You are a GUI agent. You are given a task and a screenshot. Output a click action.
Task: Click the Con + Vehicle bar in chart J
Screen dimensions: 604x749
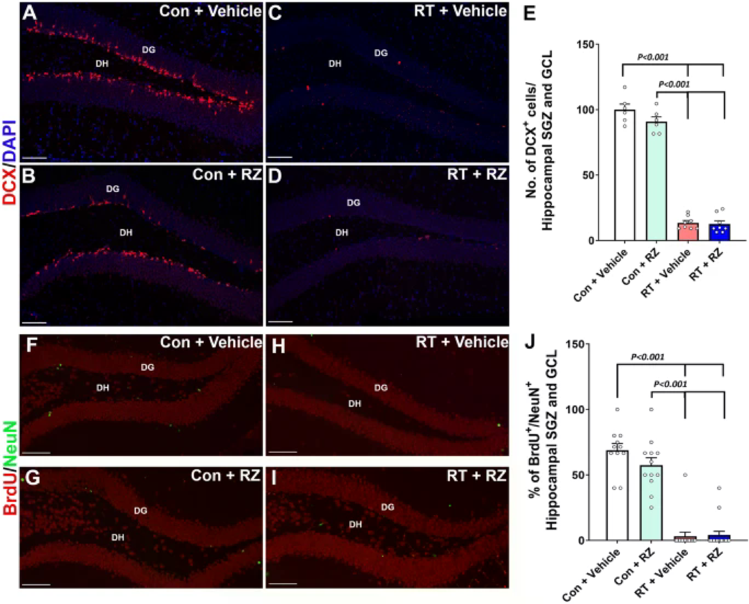click(x=617, y=495)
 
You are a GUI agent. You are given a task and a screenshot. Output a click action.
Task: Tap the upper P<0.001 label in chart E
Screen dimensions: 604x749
click(x=653, y=57)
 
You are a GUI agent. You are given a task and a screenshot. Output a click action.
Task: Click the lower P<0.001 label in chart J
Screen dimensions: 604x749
click(x=670, y=384)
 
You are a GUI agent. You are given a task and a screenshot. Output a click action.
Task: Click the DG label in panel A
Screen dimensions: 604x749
click(x=149, y=50)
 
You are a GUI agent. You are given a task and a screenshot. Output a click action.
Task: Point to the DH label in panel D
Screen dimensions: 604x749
click(x=341, y=233)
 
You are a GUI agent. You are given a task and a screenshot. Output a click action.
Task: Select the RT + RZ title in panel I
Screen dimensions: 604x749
click(x=476, y=476)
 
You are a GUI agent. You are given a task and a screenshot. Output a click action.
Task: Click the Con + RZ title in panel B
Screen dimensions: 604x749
click(x=227, y=175)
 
